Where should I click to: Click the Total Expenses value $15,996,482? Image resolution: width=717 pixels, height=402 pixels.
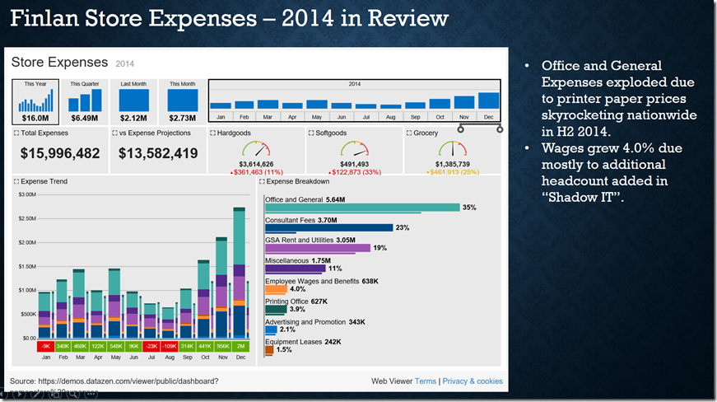coord(60,153)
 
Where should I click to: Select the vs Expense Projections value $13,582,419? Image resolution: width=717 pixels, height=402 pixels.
coord(158,153)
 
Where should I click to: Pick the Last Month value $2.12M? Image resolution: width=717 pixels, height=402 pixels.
coord(134,118)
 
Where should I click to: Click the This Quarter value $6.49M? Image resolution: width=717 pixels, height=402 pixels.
coord(85,118)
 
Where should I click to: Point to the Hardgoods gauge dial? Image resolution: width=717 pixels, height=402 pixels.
coord(256,149)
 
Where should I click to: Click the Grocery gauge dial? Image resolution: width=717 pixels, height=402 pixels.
coord(454,149)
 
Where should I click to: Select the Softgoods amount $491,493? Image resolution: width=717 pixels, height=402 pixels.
coord(355,164)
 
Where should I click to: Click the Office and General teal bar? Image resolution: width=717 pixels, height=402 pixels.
coord(362,208)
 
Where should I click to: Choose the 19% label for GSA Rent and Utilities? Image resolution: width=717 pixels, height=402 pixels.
coord(379,248)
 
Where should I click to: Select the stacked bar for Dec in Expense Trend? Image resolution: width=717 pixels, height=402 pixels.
coord(240,272)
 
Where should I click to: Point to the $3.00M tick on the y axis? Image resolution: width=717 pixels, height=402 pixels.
coord(26,194)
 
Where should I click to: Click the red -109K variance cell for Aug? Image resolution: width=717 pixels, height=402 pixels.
coord(170,347)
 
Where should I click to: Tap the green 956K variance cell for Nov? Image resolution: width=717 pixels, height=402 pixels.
coord(222,347)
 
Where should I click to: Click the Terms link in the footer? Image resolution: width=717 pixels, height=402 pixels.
coord(426,381)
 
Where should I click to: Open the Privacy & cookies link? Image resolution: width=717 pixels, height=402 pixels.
coord(473,381)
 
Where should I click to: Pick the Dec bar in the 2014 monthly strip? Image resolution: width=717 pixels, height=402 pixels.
coord(488,100)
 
